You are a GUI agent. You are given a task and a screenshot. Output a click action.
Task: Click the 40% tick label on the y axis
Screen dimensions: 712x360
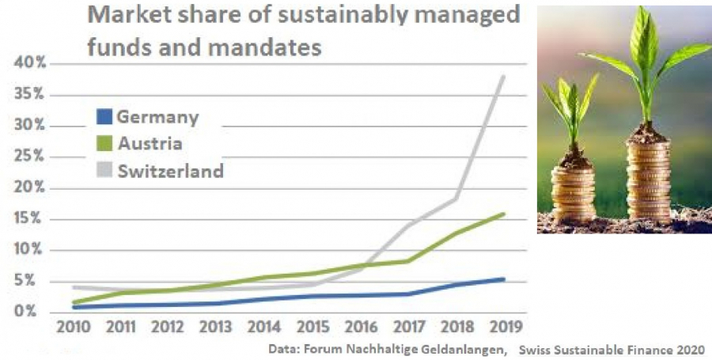[30, 63]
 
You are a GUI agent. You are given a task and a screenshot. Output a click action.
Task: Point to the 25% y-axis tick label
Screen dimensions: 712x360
[30, 157]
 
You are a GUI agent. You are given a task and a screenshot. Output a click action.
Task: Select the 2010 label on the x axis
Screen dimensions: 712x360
[74, 327]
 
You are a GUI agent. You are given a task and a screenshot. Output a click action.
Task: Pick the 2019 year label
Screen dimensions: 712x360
[506, 327]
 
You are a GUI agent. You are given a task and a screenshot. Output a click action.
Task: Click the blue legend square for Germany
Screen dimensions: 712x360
[104, 116]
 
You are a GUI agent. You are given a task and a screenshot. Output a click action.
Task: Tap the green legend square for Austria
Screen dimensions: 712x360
[104, 143]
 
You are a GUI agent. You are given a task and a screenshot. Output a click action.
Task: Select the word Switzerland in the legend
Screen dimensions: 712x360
[171, 171]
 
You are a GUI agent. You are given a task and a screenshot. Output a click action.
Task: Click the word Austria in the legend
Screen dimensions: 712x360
[150, 143]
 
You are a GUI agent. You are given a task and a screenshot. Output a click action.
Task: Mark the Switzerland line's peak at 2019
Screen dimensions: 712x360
[504, 76]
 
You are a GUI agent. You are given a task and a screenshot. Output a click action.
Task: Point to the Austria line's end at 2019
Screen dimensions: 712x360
[504, 214]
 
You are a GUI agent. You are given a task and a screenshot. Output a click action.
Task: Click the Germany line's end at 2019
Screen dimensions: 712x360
[504, 279]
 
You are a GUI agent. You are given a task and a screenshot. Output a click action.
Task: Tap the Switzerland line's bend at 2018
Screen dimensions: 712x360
[456, 199]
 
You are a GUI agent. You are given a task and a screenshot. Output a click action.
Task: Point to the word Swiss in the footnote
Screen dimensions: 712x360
[534, 349]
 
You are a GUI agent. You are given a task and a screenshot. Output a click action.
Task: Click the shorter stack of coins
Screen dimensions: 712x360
[573, 193]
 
